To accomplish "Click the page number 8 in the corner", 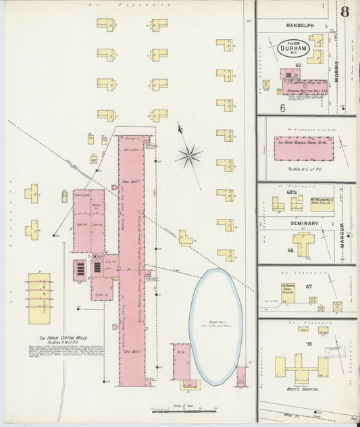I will tap(345, 12).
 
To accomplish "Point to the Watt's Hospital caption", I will tap(301, 390).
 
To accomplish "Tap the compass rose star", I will tap(189, 156).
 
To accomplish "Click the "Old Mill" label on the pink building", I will tap(132, 351).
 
